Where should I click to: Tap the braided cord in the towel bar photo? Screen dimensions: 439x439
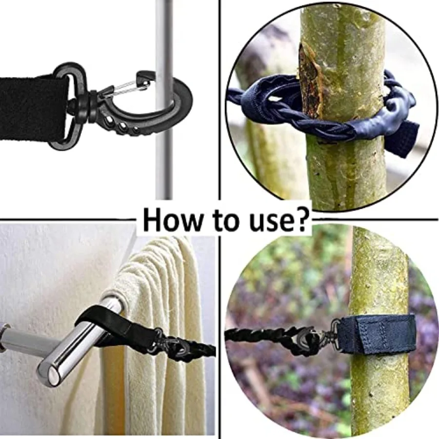click(x=200, y=349)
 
